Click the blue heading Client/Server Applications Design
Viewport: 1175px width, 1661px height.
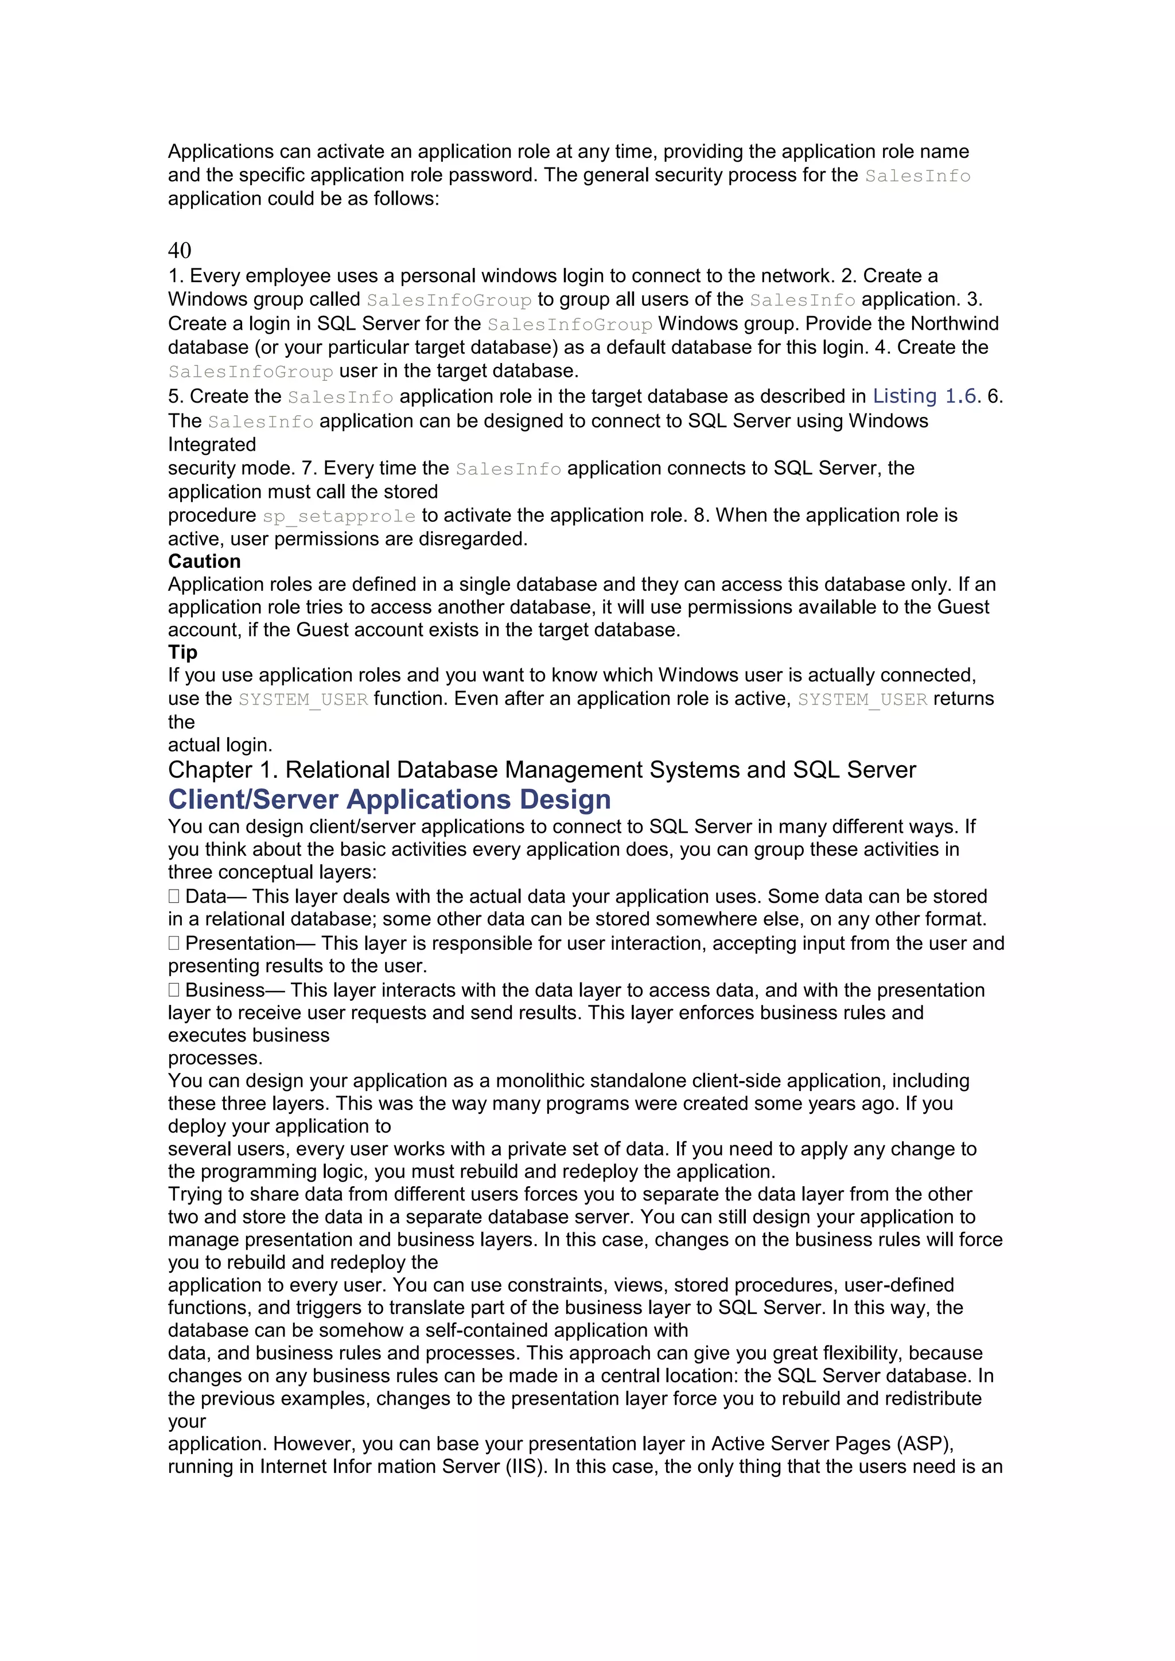389,800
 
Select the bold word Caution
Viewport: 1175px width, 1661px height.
204,562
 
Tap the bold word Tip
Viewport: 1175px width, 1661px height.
182,653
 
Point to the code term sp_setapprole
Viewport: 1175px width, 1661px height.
339,516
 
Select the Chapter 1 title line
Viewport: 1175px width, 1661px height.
541,770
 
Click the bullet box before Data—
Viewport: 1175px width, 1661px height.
174,896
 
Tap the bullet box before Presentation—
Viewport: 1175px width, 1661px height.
174,943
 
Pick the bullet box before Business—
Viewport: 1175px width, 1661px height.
174,991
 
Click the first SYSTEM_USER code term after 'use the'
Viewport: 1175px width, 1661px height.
303,700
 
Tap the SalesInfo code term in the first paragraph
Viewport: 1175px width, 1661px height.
917,176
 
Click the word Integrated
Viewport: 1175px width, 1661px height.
212,445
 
